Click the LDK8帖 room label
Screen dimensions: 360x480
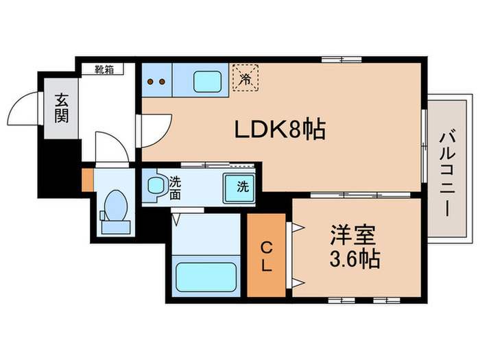pos(280,129)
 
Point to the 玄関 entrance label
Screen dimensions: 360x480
pos(62,108)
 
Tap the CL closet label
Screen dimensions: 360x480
pos(266,255)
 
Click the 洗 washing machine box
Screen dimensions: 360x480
pos(241,187)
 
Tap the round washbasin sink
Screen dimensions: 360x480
pos(157,184)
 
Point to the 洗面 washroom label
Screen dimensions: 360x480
pos(176,188)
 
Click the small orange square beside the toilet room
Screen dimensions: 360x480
pos(87,180)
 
